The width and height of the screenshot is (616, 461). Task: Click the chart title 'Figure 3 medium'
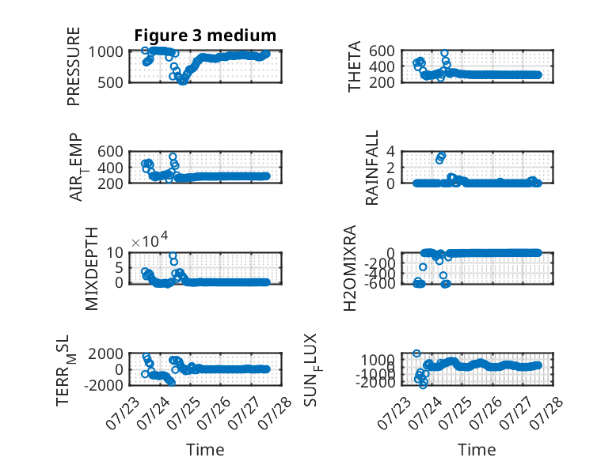(205, 36)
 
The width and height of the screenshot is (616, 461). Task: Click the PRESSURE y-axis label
(74, 66)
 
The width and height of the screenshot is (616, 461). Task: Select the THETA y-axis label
(355, 66)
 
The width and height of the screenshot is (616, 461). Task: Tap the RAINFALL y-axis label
(371, 168)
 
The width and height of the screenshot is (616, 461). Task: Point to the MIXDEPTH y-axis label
(91, 269)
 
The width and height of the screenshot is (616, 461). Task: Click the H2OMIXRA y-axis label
(350, 268)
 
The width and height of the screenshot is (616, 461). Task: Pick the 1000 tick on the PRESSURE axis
(105, 51)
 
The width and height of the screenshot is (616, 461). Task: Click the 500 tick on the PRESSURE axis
(110, 82)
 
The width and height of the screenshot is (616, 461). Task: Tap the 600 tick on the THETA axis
(382, 51)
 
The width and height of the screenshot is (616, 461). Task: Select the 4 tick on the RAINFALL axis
(390, 151)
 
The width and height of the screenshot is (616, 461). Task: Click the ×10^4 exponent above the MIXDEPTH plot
(150, 240)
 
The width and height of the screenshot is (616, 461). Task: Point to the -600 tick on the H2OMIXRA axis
(379, 283)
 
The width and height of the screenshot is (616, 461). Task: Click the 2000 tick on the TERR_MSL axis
(105, 354)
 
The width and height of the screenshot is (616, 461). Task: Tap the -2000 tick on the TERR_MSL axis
(103, 385)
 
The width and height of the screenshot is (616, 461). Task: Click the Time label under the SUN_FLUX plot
(477, 450)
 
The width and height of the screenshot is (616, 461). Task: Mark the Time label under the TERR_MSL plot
(205, 450)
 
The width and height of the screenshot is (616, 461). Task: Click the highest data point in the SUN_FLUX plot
(416, 353)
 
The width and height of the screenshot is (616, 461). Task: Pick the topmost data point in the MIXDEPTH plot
(173, 256)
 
